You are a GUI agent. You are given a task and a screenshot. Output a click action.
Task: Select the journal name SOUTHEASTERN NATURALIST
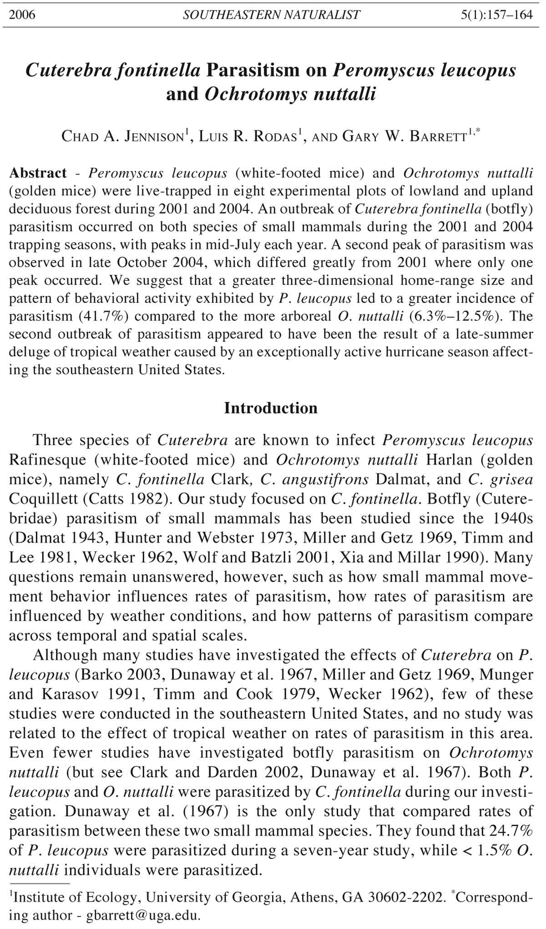point(271,15)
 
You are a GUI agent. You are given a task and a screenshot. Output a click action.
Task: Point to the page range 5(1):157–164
point(496,15)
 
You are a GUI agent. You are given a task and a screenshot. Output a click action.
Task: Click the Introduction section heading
point(271,408)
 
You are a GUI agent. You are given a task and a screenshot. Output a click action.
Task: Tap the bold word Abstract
point(38,173)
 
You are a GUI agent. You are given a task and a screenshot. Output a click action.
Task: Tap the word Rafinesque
point(48,460)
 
